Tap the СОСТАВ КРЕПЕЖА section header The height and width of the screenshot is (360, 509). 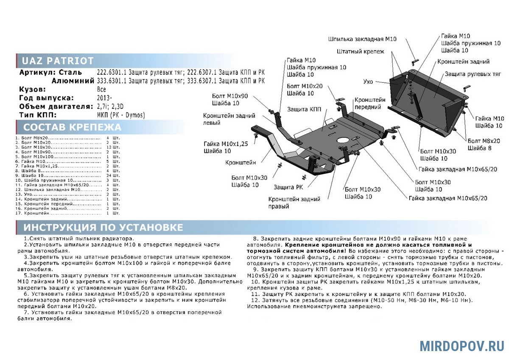pos(72,127)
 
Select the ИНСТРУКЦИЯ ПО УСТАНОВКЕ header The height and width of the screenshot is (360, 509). pos(103,228)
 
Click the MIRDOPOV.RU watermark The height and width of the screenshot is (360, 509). pos(462,346)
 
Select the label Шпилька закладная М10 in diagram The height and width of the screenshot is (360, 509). pos(362,39)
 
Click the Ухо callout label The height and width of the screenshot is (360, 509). pos(368,81)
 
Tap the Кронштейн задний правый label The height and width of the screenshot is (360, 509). pos(294,202)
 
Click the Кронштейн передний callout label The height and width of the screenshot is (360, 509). pos(370,104)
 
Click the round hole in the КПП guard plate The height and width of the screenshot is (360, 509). pos(343,141)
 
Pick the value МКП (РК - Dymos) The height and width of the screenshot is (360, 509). pos(121,115)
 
